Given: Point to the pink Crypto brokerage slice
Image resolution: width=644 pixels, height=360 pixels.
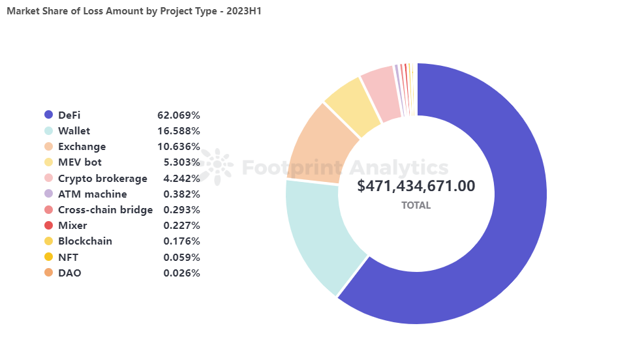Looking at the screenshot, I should pyautogui.click(x=380, y=93).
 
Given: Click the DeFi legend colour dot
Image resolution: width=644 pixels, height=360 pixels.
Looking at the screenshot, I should pyautogui.click(x=48, y=115).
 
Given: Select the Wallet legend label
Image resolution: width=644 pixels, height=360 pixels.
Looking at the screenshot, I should pyautogui.click(x=74, y=130).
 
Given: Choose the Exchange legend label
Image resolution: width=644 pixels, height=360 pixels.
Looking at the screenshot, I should pyautogui.click(x=82, y=147).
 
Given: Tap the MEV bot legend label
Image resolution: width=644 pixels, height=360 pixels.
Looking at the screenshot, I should pyautogui.click(x=80, y=162).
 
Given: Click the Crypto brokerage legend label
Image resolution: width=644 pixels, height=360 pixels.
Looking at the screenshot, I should pyautogui.click(x=102, y=178).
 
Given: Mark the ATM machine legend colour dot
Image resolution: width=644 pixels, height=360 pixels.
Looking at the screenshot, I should pyautogui.click(x=48, y=194).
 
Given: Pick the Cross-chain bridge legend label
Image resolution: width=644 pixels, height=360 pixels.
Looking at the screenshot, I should pyautogui.click(x=105, y=209).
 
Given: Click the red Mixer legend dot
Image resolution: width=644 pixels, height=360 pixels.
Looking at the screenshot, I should pyautogui.click(x=48, y=226).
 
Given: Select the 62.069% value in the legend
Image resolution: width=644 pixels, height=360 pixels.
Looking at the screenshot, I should pyautogui.click(x=178, y=115).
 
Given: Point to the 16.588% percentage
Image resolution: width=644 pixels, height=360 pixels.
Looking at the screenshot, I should pyautogui.click(x=178, y=130).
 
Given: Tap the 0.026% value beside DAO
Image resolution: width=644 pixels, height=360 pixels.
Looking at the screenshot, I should pyautogui.click(x=181, y=273).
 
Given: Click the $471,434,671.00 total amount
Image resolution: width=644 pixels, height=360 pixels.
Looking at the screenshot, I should pyautogui.click(x=416, y=186).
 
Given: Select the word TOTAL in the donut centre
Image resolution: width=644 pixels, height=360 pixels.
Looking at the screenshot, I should pyautogui.click(x=416, y=205).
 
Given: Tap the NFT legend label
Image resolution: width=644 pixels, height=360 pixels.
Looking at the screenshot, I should pyautogui.click(x=69, y=257).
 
